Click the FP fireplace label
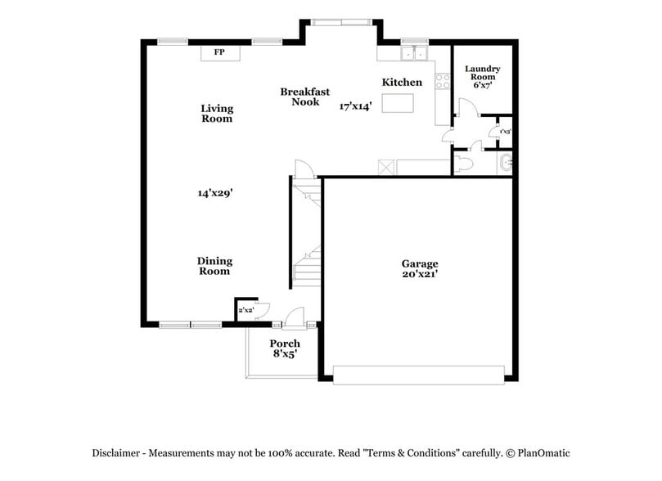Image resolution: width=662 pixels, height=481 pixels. tap(219, 52)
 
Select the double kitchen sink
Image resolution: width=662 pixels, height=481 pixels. tap(415, 55)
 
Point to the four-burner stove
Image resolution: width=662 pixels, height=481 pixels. tap(442, 81)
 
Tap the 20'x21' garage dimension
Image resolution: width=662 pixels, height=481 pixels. tap(419, 275)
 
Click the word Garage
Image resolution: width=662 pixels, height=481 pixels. tap(419, 263)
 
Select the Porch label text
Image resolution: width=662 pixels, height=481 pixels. tap(285, 344)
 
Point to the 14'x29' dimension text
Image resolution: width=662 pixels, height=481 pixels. tap(215, 193)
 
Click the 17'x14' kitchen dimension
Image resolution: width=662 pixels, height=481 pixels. tap(356, 106)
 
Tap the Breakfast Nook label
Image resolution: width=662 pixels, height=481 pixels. tap(304, 97)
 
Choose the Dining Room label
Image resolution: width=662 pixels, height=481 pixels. tap(214, 266)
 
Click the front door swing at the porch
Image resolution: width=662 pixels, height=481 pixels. tap(295, 316)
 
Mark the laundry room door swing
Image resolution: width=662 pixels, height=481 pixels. tap(464, 108)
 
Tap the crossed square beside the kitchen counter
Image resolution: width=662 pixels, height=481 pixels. tap(386, 167)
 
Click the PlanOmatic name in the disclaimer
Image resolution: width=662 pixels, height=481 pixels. tap(541, 453)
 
